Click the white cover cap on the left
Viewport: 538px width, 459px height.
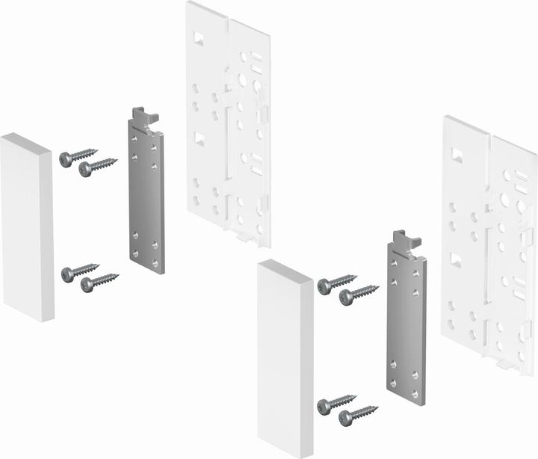pos(27,227)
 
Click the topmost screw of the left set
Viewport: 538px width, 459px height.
pos(75,156)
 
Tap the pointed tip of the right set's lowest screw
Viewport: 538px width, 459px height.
pos(376,407)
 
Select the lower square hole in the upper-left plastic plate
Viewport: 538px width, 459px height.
pos(200,138)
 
